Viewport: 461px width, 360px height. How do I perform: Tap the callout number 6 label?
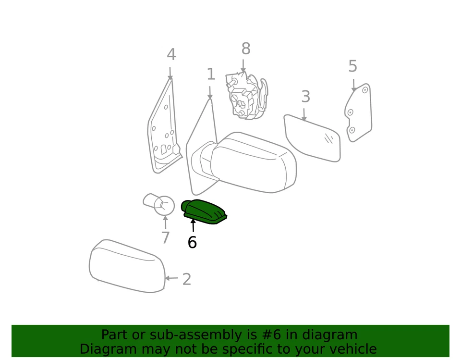[x=192, y=243]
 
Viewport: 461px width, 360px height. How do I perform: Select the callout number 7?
[x=165, y=237]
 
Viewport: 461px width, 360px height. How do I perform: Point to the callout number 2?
[x=187, y=279]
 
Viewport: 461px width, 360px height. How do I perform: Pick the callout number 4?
[x=171, y=55]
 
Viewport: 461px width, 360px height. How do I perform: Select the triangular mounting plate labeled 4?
[x=163, y=130]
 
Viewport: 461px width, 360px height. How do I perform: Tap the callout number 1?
[x=210, y=74]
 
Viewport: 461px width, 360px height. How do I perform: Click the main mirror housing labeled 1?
[x=250, y=163]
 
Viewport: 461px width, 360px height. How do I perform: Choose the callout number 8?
[x=245, y=49]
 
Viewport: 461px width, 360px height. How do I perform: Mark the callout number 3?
[x=305, y=97]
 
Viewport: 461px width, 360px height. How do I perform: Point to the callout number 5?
[x=352, y=66]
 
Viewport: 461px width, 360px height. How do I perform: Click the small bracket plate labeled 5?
[x=358, y=113]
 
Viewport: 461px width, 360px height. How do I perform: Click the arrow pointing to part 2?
[x=171, y=278]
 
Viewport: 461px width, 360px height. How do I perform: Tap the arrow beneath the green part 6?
[x=193, y=225]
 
